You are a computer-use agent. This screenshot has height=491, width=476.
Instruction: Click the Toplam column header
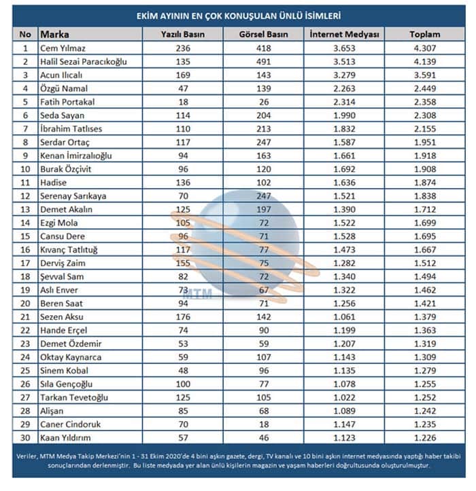click(x=425, y=34)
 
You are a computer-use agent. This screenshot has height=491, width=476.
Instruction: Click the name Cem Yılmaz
click(x=63, y=48)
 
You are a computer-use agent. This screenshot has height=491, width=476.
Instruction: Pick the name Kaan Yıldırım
click(x=67, y=438)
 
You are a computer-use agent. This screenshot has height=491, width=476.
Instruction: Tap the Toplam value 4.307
click(x=425, y=48)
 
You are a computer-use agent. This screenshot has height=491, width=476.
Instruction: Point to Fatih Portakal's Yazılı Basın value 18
click(x=184, y=102)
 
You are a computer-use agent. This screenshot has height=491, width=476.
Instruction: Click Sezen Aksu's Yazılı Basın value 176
click(x=184, y=317)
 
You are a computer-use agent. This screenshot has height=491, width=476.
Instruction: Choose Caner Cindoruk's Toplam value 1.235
click(x=425, y=424)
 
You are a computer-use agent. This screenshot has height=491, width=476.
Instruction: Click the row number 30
click(x=26, y=438)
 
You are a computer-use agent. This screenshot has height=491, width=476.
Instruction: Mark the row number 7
click(x=26, y=129)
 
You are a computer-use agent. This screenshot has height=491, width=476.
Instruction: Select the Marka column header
click(x=55, y=34)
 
